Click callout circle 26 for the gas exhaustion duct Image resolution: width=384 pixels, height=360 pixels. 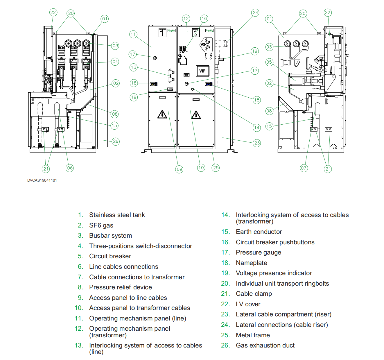point(116,142)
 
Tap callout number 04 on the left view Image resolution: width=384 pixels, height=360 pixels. point(115,62)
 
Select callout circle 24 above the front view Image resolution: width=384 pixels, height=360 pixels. point(255,12)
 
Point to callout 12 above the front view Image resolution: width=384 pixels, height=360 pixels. point(186,19)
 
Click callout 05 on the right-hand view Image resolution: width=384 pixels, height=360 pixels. point(269,62)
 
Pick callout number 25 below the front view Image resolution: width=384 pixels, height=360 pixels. point(216,168)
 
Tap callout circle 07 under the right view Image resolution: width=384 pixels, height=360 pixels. point(304,168)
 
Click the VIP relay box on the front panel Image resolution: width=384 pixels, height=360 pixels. point(202,71)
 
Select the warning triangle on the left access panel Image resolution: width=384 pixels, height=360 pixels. point(162,114)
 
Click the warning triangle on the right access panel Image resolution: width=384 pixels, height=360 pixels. point(196,115)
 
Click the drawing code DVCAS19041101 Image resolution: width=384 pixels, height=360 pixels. point(42,180)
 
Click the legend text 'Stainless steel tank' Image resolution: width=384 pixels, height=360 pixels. point(117,215)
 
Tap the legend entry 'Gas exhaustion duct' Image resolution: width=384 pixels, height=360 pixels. point(265,345)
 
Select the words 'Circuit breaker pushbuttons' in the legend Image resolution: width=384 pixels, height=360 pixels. point(275,242)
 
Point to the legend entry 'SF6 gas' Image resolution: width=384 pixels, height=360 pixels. point(101,225)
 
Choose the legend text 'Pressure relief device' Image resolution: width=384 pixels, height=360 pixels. point(120,287)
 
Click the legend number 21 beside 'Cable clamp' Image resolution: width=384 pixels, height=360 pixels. point(225,294)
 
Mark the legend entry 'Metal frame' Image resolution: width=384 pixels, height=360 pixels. point(253,335)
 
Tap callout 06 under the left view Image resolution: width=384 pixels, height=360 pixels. point(70,168)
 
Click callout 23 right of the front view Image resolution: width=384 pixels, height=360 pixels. point(257,143)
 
